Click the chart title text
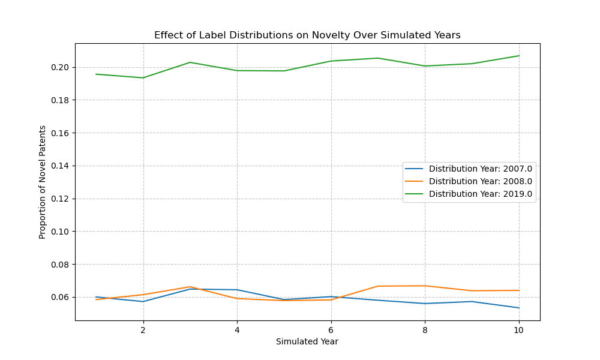coord(307,35)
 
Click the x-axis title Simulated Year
coord(307,341)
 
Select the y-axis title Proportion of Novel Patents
coord(43,182)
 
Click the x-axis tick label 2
coord(143,329)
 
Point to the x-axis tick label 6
coord(331,329)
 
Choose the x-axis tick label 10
coord(519,329)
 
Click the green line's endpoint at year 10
coord(519,56)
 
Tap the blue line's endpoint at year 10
coord(519,308)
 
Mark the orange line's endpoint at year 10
coord(519,290)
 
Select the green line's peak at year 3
coord(190,62)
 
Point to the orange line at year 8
coord(425,286)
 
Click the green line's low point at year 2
coord(143,77)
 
